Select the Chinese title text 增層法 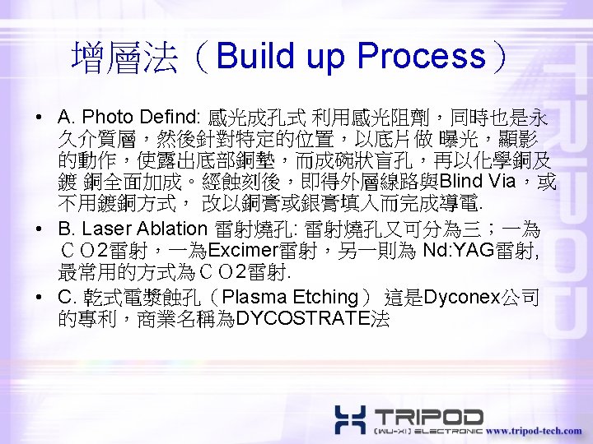pos(124,56)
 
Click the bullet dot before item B pos(40,229)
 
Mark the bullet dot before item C pos(40,296)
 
